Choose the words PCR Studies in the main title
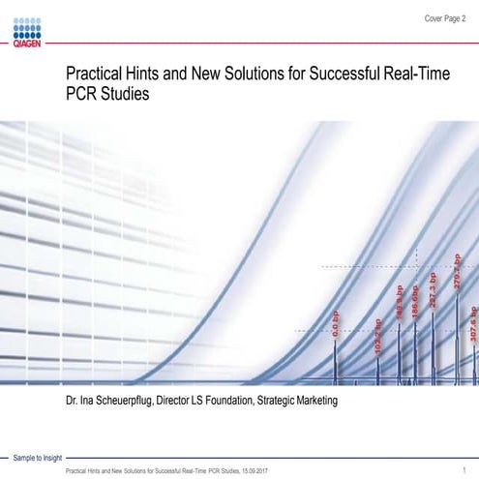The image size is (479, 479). pos(106,97)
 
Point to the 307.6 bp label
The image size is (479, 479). pos(472,322)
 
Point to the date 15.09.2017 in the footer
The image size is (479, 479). pos(253,469)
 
